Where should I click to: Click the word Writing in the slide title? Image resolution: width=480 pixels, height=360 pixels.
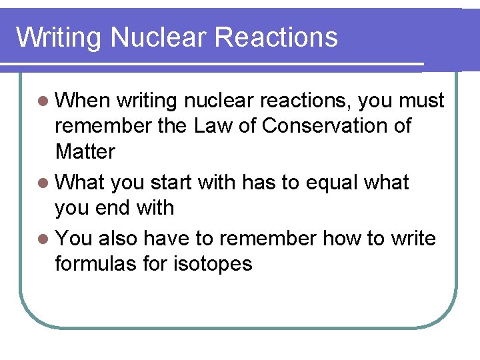point(59,37)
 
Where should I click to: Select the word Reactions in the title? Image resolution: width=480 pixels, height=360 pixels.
point(277,37)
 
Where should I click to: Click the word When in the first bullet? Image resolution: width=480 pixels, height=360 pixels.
point(82,101)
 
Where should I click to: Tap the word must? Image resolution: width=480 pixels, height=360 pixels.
point(421,101)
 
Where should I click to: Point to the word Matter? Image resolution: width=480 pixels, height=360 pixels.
point(85,151)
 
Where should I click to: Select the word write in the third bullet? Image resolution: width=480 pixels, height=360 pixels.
point(412,238)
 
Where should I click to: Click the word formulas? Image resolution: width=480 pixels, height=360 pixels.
point(98,263)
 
